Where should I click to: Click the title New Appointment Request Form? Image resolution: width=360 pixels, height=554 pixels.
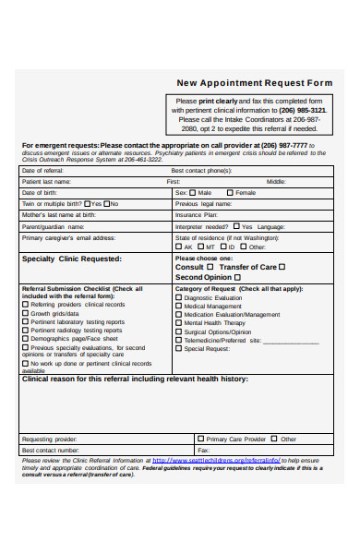254,82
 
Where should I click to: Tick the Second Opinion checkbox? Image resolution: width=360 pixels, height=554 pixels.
237,277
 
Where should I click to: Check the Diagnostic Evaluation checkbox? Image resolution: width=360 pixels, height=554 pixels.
179,298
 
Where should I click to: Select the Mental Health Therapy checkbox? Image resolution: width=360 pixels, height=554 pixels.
179,323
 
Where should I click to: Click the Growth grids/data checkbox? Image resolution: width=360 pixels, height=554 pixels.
25,313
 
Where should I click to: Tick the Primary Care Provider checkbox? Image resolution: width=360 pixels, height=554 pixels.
200,439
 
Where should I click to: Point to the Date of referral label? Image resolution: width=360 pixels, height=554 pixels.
42,171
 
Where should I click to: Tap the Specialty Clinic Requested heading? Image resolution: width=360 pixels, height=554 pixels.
71,259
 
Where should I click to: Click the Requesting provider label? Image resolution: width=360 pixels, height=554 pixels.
49,439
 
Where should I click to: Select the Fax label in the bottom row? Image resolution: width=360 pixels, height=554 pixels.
202,450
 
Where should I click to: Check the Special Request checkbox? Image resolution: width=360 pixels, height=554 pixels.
179,349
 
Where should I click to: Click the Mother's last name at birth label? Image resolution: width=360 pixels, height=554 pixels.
58,214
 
